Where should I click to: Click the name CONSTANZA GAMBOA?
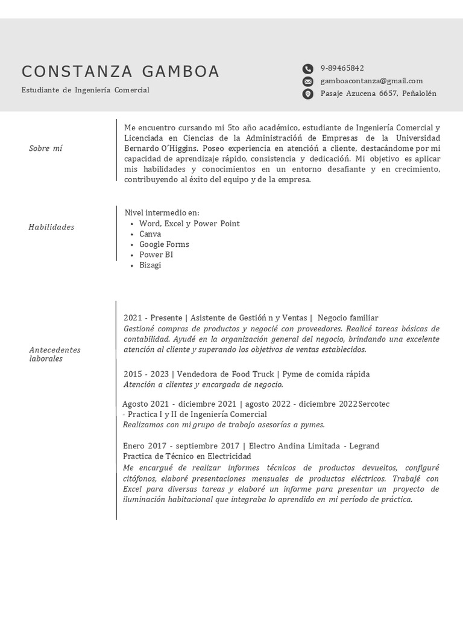121,72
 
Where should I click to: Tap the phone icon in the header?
307,69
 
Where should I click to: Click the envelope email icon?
307,81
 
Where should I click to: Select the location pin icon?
307,94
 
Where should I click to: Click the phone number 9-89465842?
342,68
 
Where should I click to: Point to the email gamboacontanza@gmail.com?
371,81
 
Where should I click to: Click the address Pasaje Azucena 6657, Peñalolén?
378,94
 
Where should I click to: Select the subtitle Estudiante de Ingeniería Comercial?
85,90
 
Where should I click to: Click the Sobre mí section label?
45,148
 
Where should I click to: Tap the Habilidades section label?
51,227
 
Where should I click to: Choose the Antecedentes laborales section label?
54,354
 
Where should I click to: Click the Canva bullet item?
150,234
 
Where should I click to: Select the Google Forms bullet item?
164,244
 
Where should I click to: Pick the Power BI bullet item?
156,255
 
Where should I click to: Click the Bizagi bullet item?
150,265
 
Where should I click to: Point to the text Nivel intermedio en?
162,213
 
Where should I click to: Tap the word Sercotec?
374,404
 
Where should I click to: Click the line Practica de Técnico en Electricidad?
186,456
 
